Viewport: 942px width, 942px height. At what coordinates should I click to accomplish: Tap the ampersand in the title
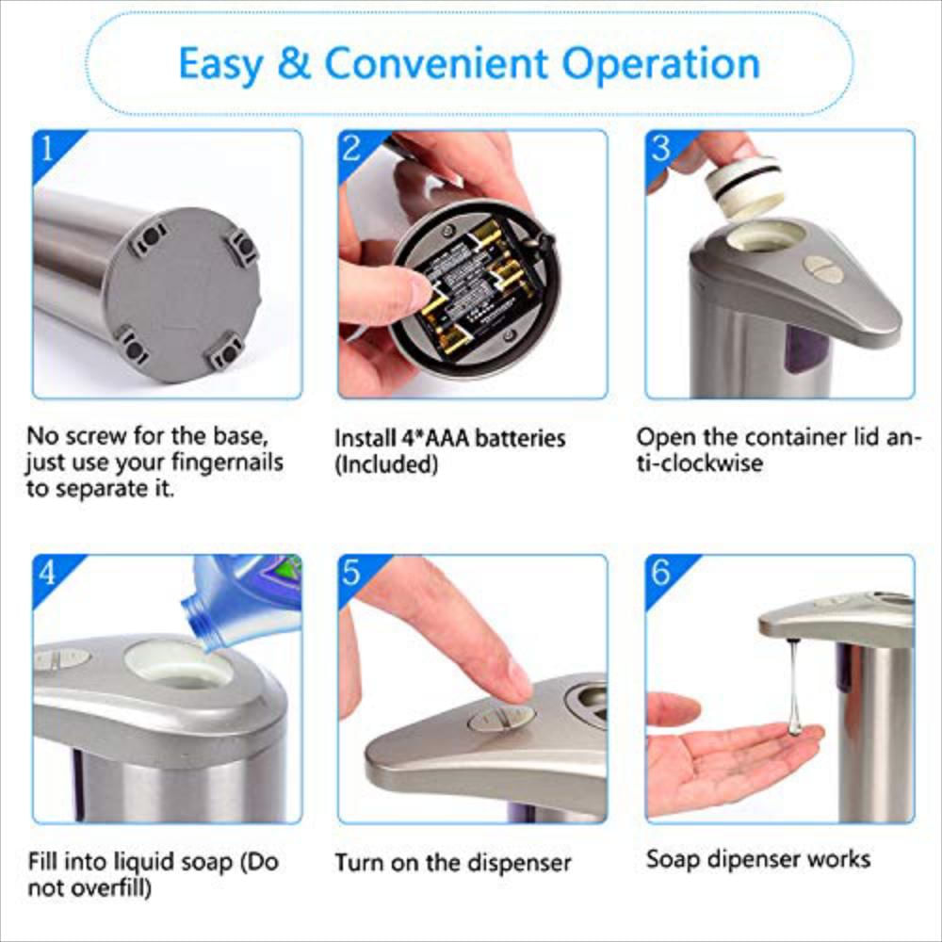click(294, 64)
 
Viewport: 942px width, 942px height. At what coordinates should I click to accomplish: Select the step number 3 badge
click(661, 147)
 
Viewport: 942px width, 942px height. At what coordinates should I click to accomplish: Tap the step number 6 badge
click(661, 572)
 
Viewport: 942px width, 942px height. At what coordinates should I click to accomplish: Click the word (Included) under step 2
click(386, 463)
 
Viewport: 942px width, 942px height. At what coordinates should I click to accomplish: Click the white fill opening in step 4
click(179, 665)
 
